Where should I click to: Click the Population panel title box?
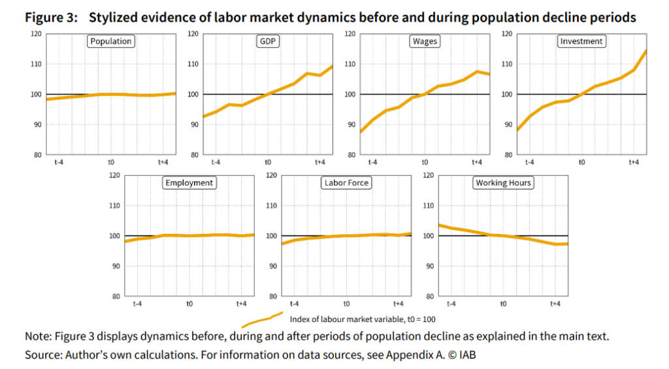111,41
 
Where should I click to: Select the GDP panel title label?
267,41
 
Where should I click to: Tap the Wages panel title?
425,41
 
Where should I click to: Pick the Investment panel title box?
581,41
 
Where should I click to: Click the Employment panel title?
189,183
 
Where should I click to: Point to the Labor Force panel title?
346,183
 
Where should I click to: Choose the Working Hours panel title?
503,183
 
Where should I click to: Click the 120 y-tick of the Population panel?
36,33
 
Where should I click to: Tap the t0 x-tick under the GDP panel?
268,162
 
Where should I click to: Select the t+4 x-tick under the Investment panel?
633,162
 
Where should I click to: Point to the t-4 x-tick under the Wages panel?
372,162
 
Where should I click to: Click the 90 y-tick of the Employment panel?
114,266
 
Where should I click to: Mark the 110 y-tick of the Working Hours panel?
428,205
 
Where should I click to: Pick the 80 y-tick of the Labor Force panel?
271,297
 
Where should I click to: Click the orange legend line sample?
261,320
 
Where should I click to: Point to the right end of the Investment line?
646,50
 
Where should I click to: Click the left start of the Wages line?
360,133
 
